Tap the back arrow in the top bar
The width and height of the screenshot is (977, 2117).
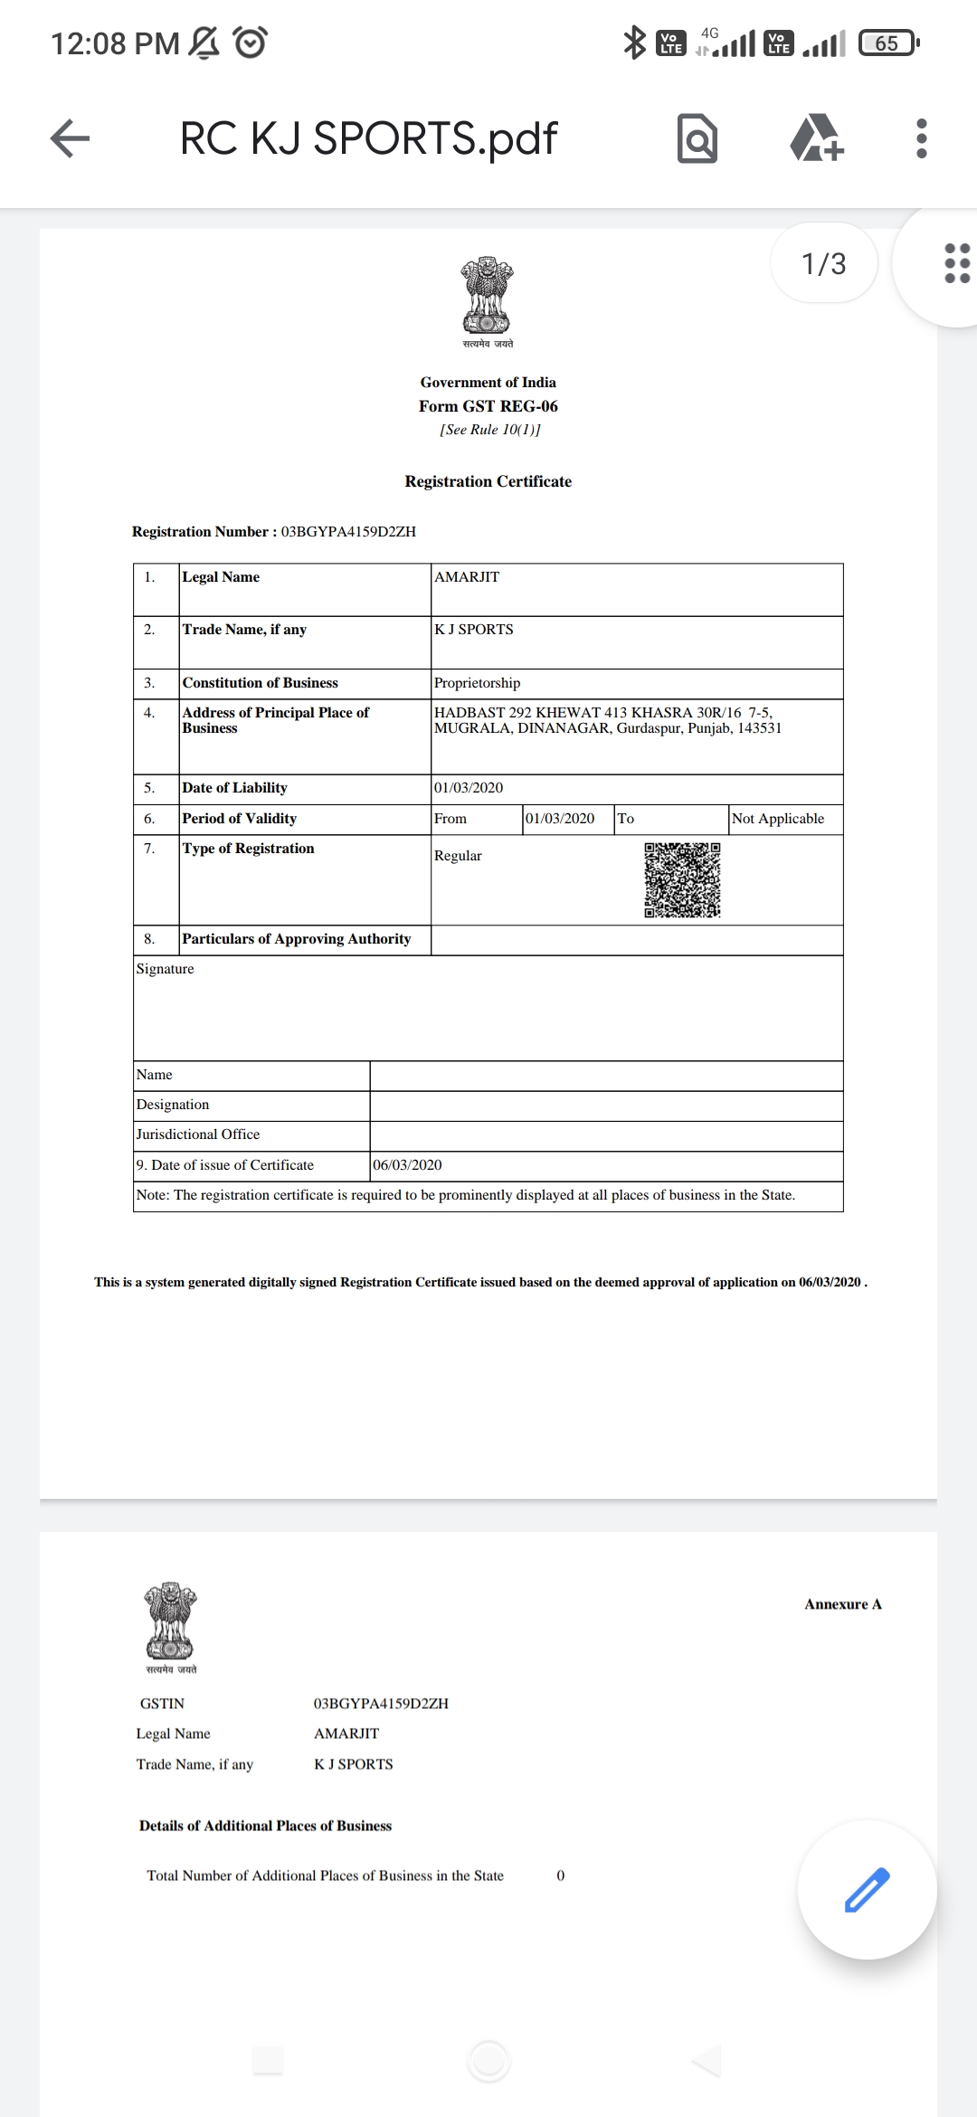tap(70, 138)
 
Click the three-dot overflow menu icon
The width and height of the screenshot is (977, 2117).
tap(921, 138)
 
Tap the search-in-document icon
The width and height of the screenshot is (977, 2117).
tap(697, 138)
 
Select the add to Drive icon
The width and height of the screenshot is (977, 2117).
tap(817, 138)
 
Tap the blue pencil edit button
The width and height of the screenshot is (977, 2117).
tap(867, 1889)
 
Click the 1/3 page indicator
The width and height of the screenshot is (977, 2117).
tap(823, 263)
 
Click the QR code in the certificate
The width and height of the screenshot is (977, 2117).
tap(682, 879)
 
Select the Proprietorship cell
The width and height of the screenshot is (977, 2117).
tap(478, 683)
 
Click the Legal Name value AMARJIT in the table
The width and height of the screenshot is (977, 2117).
tap(467, 577)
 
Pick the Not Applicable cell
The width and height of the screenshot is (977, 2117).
tap(778, 819)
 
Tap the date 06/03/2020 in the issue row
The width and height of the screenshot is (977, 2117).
tap(407, 1165)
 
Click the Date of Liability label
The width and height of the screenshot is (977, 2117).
tap(234, 788)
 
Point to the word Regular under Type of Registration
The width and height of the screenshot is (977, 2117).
tap(458, 856)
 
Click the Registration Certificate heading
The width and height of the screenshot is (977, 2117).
tap(488, 481)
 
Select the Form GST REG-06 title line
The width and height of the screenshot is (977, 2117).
tap(488, 406)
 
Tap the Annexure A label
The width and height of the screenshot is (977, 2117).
tap(842, 1604)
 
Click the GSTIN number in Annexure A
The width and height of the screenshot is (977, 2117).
tap(381, 1704)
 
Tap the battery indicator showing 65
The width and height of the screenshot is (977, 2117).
tap(887, 43)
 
